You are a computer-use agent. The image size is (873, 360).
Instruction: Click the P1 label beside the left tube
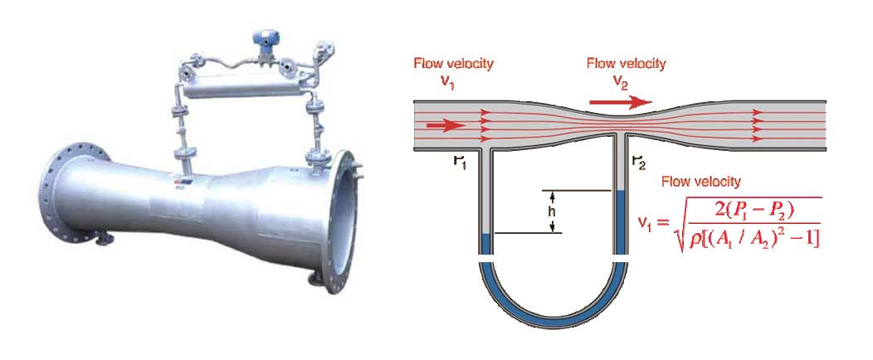[x=460, y=161]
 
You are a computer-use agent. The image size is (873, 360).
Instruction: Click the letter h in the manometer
[x=550, y=212]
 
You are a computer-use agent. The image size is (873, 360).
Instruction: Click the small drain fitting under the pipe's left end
[x=104, y=240]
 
